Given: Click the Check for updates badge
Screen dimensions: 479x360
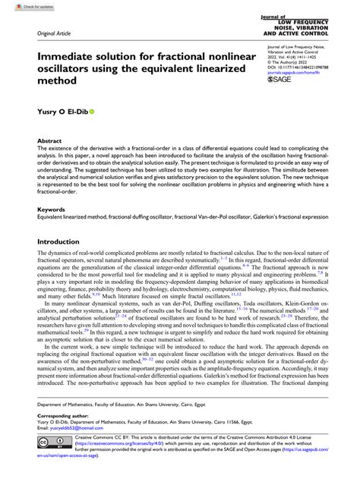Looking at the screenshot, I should [21, 6].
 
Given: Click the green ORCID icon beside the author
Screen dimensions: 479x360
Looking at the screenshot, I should [93, 110].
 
